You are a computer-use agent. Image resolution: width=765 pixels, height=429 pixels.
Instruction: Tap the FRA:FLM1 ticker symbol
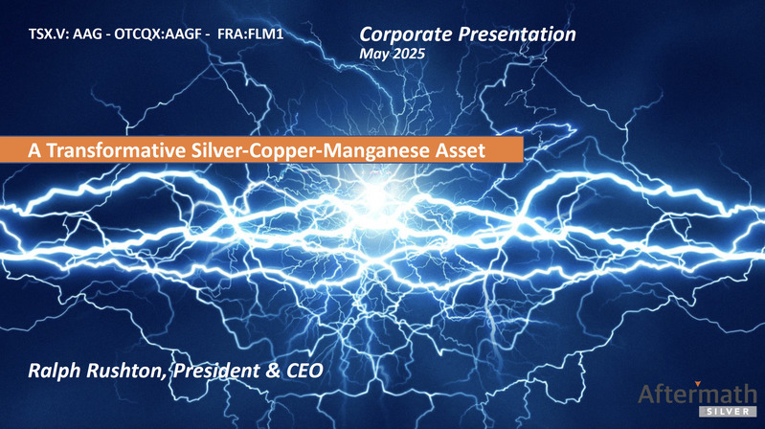click(x=250, y=34)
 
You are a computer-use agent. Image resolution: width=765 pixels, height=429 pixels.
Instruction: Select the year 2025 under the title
click(x=409, y=54)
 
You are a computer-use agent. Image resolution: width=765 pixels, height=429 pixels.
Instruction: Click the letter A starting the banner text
click(x=34, y=150)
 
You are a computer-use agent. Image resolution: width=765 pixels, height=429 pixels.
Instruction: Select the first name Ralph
click(x=55, y=371)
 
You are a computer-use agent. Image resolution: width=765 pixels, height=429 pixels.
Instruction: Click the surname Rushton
click(x=125, y=371)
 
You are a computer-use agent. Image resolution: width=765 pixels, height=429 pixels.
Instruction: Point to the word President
click(x=217, y=371)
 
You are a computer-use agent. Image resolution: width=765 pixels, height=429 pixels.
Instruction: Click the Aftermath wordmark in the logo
click(x=697, y=394)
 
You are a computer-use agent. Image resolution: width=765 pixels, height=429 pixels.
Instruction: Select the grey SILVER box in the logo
click(x=728, y=412)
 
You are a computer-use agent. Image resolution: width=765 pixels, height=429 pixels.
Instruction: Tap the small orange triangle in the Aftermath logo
click(x=698, y=384)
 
